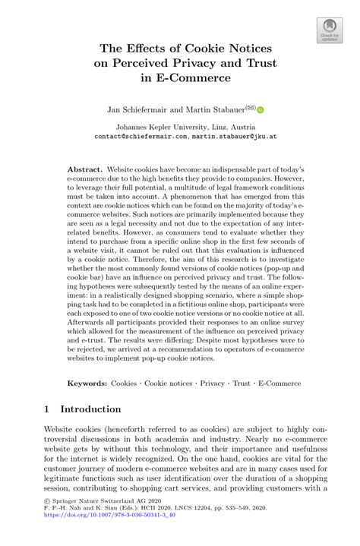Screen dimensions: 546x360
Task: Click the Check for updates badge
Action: coord(329,28)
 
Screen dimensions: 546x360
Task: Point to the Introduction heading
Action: coord(91,409)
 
